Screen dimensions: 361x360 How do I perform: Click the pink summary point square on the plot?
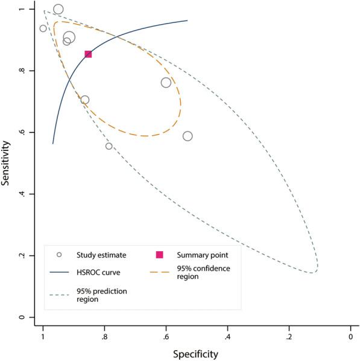(x=88, y=54)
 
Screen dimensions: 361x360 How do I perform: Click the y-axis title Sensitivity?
(x=7, y=163)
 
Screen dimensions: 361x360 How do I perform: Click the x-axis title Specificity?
(x=195, y=353)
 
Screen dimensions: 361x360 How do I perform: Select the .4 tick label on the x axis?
(x=227, y=336)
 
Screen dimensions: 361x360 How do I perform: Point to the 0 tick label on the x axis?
(x=350, y=336)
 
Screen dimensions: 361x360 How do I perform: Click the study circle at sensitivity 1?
(x=58, y=9)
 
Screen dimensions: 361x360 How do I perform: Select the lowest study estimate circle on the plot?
(x=109, y=146)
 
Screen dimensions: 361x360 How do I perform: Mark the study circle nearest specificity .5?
(x=188, y=136)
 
